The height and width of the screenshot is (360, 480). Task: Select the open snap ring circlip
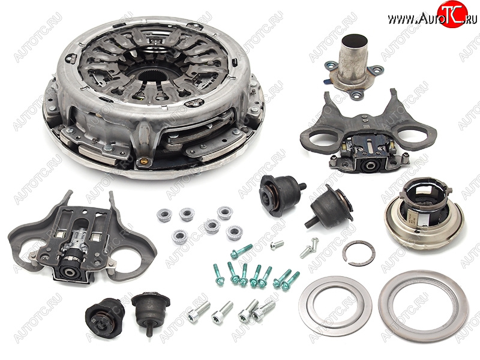coord(358,253)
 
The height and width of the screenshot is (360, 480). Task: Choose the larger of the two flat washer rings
coord(424,306)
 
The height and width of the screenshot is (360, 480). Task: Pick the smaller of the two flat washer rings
coord(335,306)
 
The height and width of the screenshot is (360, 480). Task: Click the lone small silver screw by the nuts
coord(277,245)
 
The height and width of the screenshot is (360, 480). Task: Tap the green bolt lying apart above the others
coord(241,251)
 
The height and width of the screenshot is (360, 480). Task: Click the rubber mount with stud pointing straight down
coord(151,312)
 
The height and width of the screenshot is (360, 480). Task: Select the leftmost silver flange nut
coord(164,215)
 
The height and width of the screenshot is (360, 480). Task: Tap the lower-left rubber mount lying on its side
coord(104,318)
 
